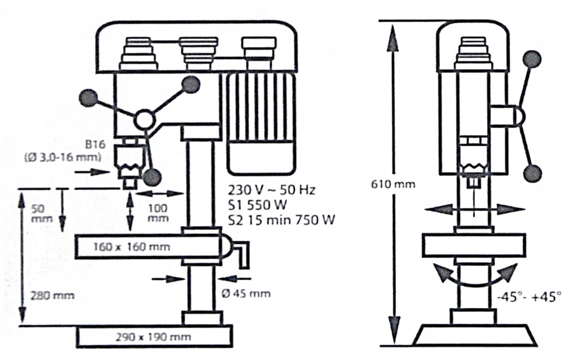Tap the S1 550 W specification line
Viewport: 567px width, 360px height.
pos(256,205)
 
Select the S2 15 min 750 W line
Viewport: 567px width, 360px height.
pos(281,220)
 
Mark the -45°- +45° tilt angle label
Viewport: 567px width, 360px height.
pos(527,295)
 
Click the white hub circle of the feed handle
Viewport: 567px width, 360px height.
pos(143,120)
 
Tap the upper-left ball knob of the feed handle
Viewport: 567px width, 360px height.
pos(89,99)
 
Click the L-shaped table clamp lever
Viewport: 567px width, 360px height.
pos(242,254)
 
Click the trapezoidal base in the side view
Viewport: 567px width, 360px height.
pos(475,334)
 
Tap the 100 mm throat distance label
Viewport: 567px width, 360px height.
pos(158,213)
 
